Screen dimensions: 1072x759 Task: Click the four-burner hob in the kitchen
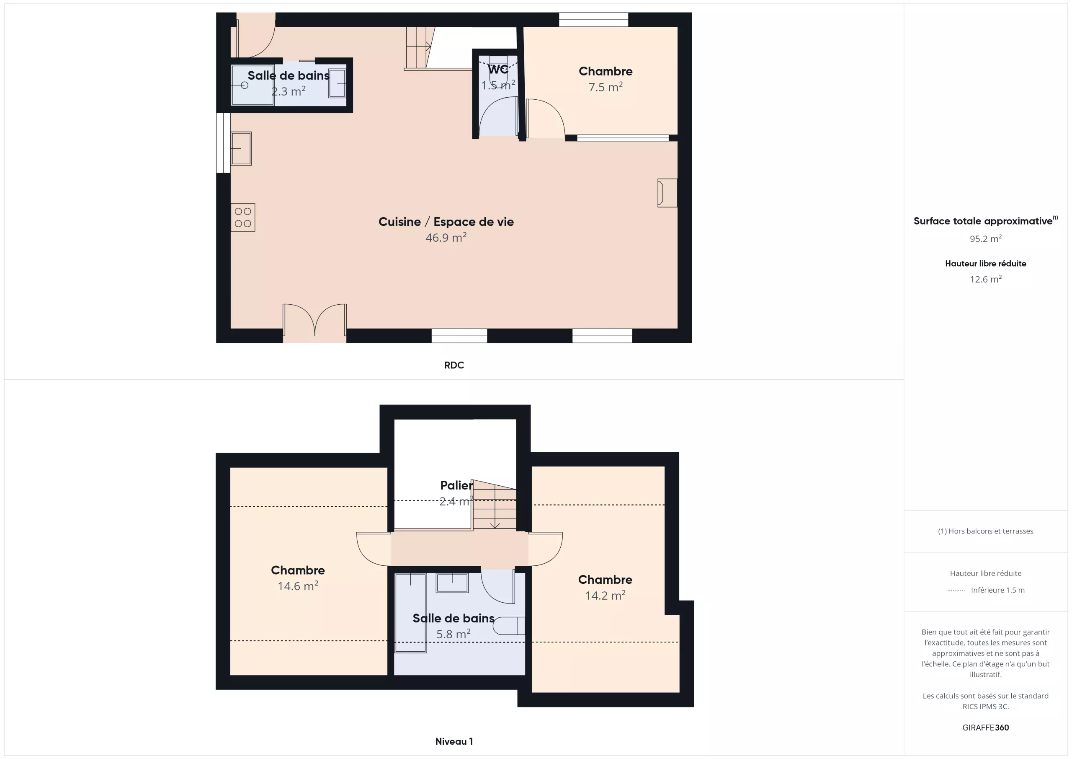(x=243, y=218)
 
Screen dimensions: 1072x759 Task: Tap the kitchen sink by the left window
(x=241, y=149)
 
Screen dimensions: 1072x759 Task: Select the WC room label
(x=498, y=70)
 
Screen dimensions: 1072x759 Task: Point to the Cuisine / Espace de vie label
(x=446, y=222)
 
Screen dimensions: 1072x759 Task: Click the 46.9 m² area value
(x=446, y=237)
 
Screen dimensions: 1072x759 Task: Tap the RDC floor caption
(x=454, y=365)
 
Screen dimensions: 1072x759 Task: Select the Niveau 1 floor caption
(x=454, y=741)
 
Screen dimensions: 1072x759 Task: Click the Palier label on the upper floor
(x=456, y=486)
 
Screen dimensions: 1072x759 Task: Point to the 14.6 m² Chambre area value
(x=298, y=586)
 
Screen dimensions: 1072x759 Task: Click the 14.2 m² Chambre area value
(x=605, y=596)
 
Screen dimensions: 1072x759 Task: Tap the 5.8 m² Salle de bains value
(x=454, y=634)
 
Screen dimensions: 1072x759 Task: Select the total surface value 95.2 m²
(x=986, y=239)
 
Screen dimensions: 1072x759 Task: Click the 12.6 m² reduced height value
(x=986, y=279)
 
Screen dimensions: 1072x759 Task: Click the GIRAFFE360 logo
(x=986, y=728)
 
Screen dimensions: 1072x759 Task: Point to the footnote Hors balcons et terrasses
(x=986, y=531)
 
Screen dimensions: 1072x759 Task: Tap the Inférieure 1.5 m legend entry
(x=998, y=590)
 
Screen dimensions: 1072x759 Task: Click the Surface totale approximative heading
(x=986, y=220)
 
